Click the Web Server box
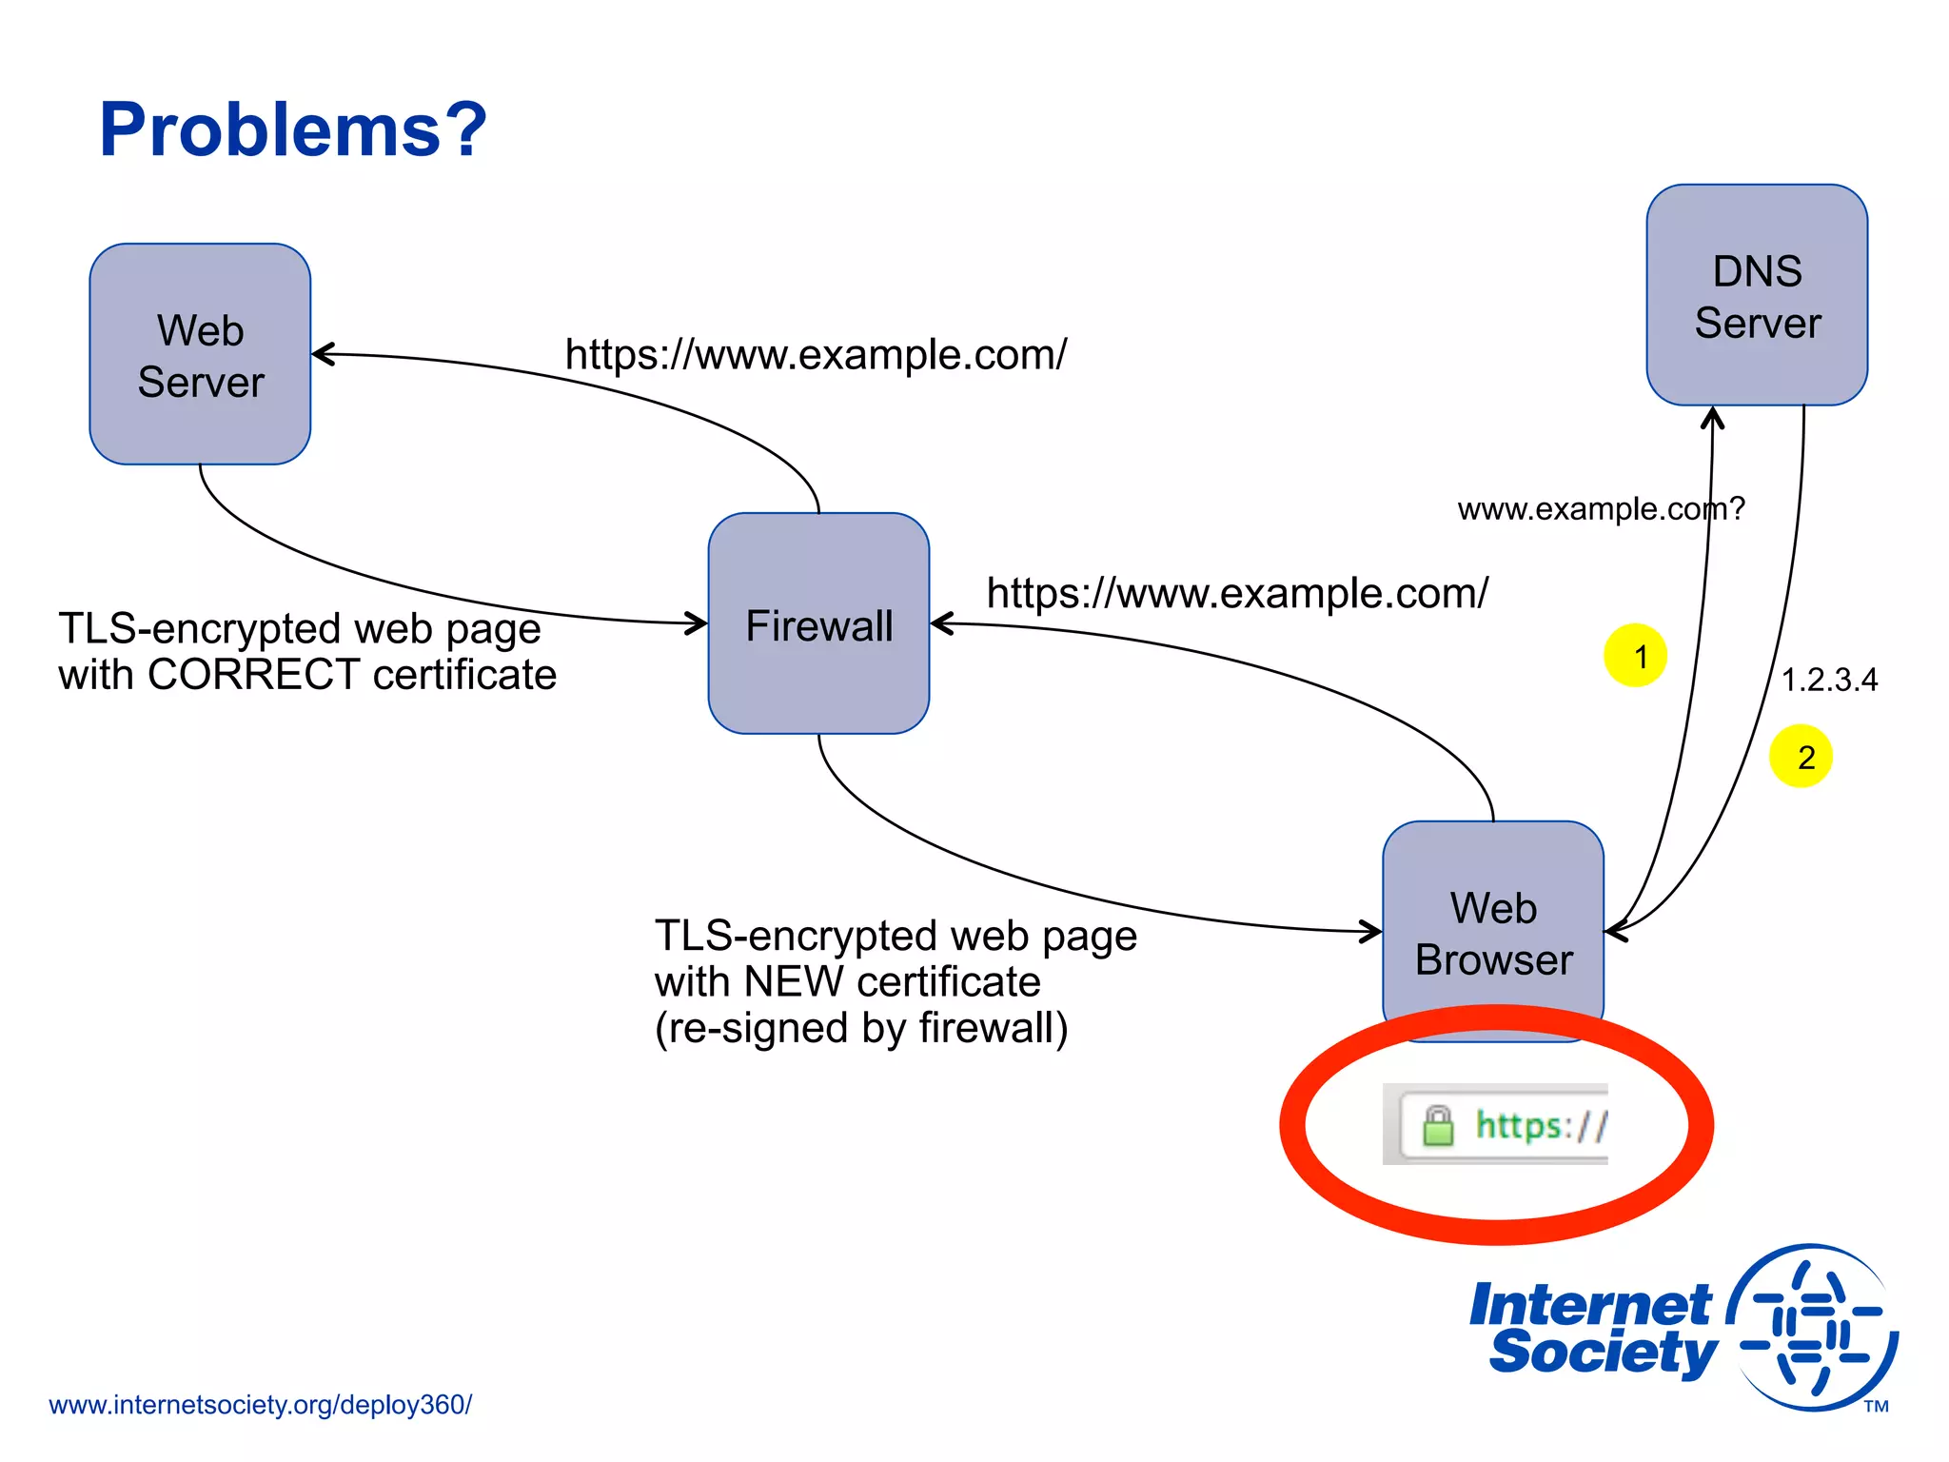click(x=200, y=354)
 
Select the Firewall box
click(x=818, y=623)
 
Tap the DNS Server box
click(x=1757, y=295)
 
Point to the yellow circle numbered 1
click(x=1635, y=656)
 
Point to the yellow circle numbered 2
click(x=1801, y=757)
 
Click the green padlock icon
click(x=1438, y=1125)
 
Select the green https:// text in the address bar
click(x=1540, y=1126)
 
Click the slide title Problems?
click(x=292, y=129)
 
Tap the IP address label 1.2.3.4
click(x=1829, y=680)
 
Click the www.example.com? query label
click(x=1601, y=509)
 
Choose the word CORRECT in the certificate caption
click(x=253, y=675)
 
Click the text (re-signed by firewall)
click(x=861, y=1028)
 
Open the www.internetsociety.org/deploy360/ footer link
click(x=260, y=1405)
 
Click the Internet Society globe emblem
click(x=1813, y=1328)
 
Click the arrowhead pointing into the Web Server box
click(x=322, y=354)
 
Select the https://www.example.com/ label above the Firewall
click(x=816, y=354)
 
